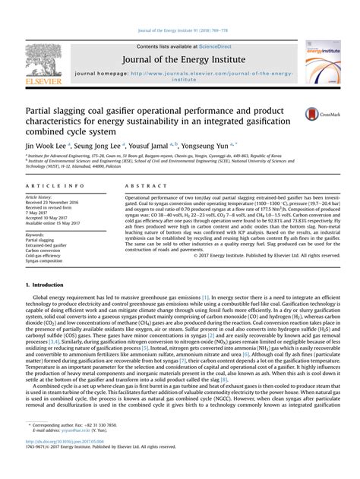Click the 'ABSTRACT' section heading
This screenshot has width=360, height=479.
[x=141, y=185]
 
